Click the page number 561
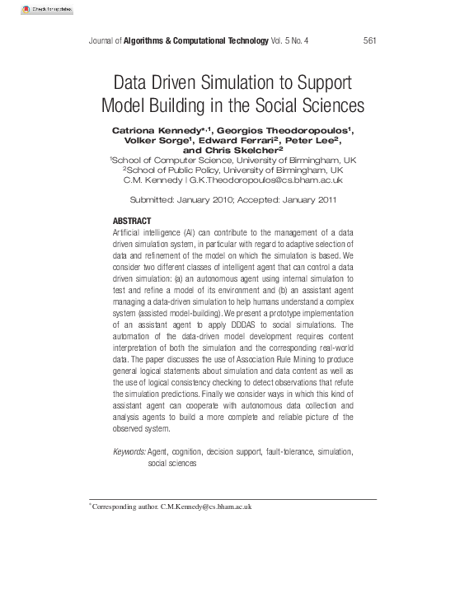click(x=370, y=41)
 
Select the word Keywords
click(x=129, y=452)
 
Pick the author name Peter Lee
click(x=314, y=141)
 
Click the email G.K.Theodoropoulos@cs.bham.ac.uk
click(x=265, y=180)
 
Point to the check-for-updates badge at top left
click(x=45, y=10)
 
